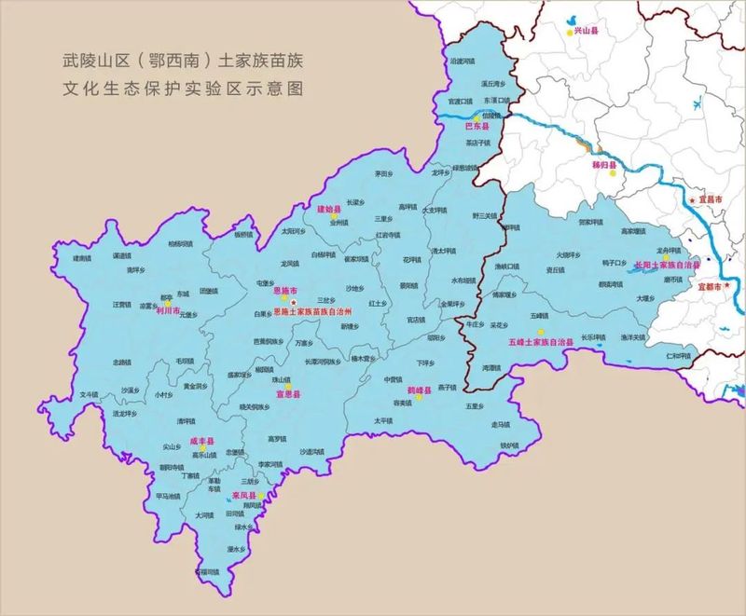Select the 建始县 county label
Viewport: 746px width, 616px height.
[x=329, y=209]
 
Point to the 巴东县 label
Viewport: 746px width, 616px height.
[x=477, y=125]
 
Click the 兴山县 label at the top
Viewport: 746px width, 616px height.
[x=586, y=31]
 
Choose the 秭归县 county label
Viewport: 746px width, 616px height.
[x=605, y=164]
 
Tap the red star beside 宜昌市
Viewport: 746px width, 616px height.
[x=691, y=199]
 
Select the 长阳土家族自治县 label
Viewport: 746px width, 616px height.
[x=666, y=265]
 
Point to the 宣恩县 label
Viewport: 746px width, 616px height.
[x=287, y=394]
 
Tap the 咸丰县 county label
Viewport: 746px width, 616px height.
[x=202, y=440]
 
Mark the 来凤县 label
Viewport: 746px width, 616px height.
[x=244, y=496]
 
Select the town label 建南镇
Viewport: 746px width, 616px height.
[x=83, y=258]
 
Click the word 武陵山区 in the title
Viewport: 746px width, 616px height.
[x=89, y=63]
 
